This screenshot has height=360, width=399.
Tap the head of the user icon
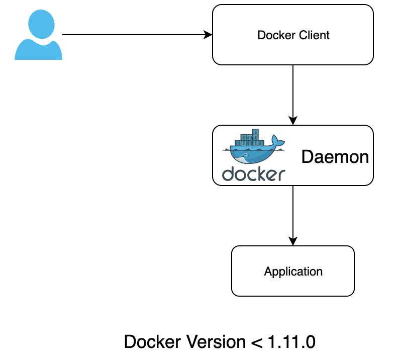click(x=39, y=24)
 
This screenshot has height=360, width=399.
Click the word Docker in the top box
click(x=274, y=35)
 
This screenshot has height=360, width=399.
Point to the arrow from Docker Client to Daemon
click(x=293, y=93)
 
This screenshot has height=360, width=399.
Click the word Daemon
click(x=335, y=157)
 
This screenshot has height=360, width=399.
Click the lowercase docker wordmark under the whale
click(x=254, y=173)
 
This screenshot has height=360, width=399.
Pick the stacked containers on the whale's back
click(x=248, y=138)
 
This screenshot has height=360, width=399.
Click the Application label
click(x=293, y=272)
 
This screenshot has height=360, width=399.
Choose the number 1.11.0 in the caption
click(x=291, y=342)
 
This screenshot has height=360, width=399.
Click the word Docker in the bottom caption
click(x=152, y=342)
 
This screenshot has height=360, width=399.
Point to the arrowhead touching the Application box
click(x=293, y=241)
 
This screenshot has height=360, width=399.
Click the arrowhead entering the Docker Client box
click(x=208, y=35)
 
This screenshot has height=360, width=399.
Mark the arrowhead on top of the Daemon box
click(x=293, y=121)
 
